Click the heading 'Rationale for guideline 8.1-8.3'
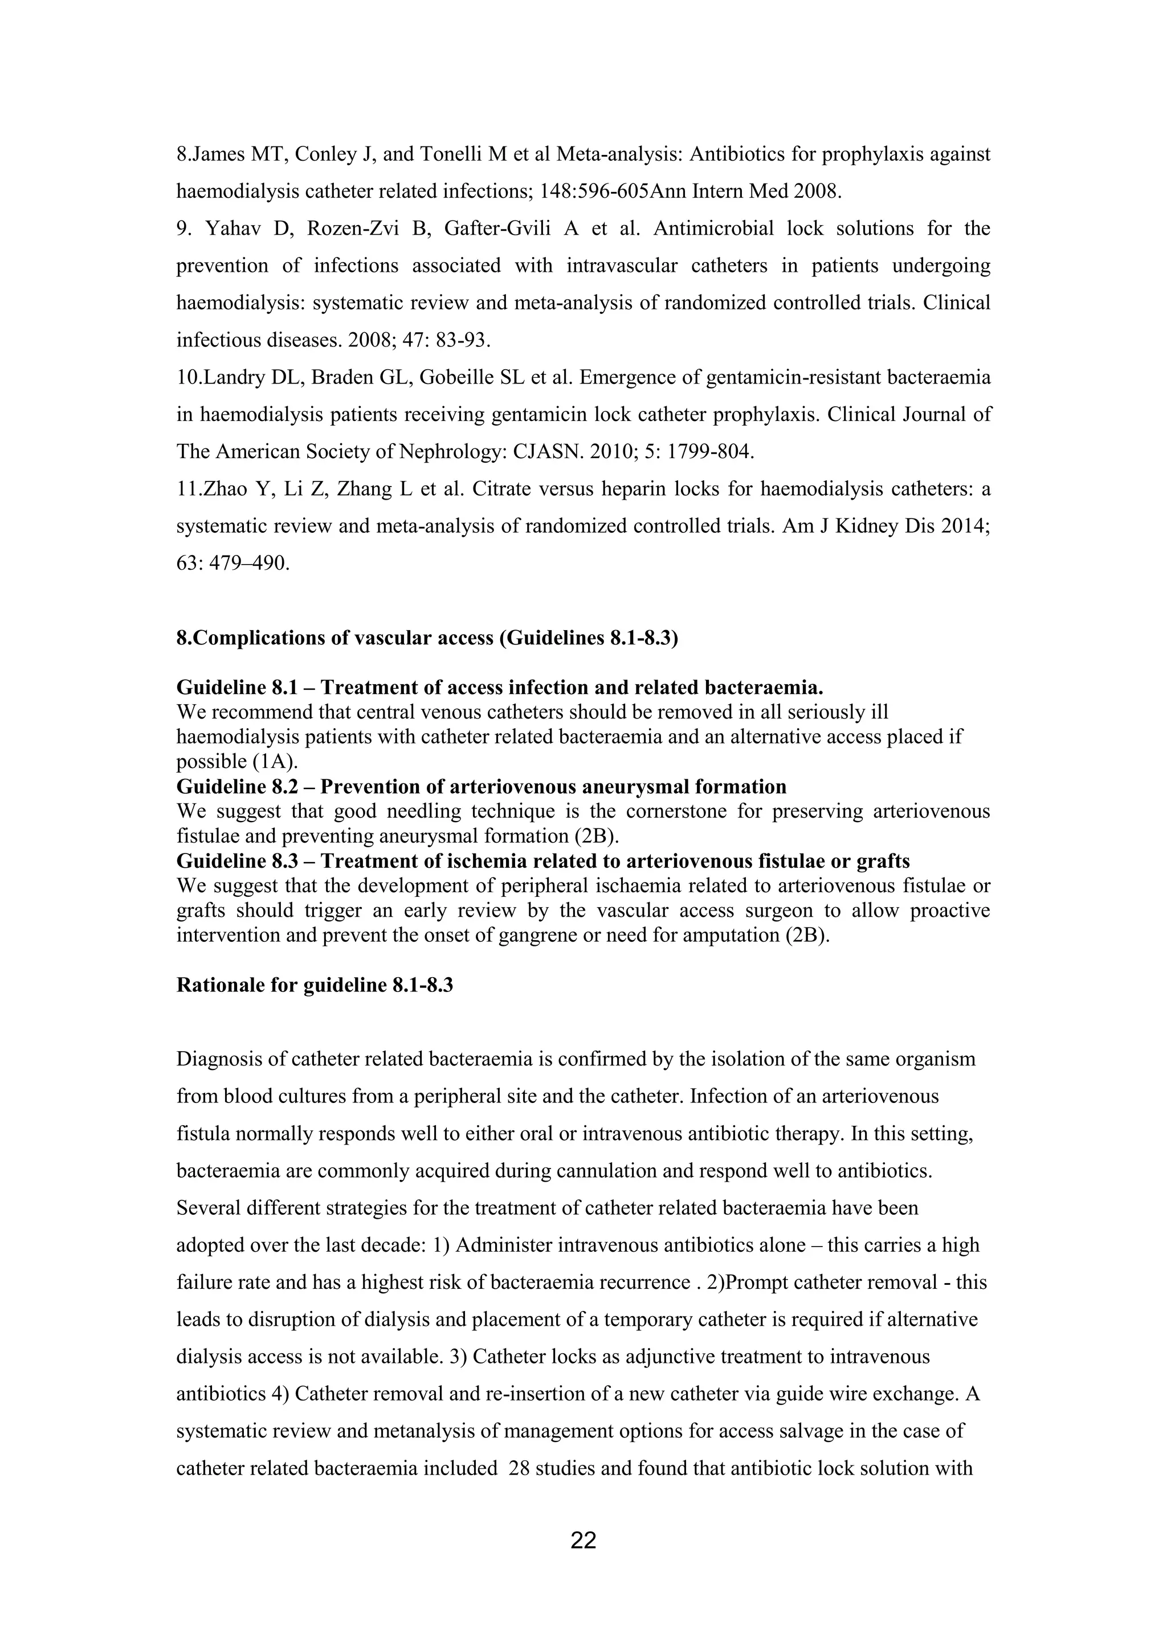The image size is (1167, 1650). click(x=315, y=985)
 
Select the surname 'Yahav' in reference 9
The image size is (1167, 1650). click(x=233, y=228)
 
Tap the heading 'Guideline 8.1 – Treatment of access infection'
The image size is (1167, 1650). click(x=499, y=688)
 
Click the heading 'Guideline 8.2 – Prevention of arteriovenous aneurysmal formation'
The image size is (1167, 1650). click(x=481, y=786)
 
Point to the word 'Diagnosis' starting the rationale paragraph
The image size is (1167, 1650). click(x=221, y=1059)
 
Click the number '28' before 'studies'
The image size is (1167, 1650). click(x=518, y=1468)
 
